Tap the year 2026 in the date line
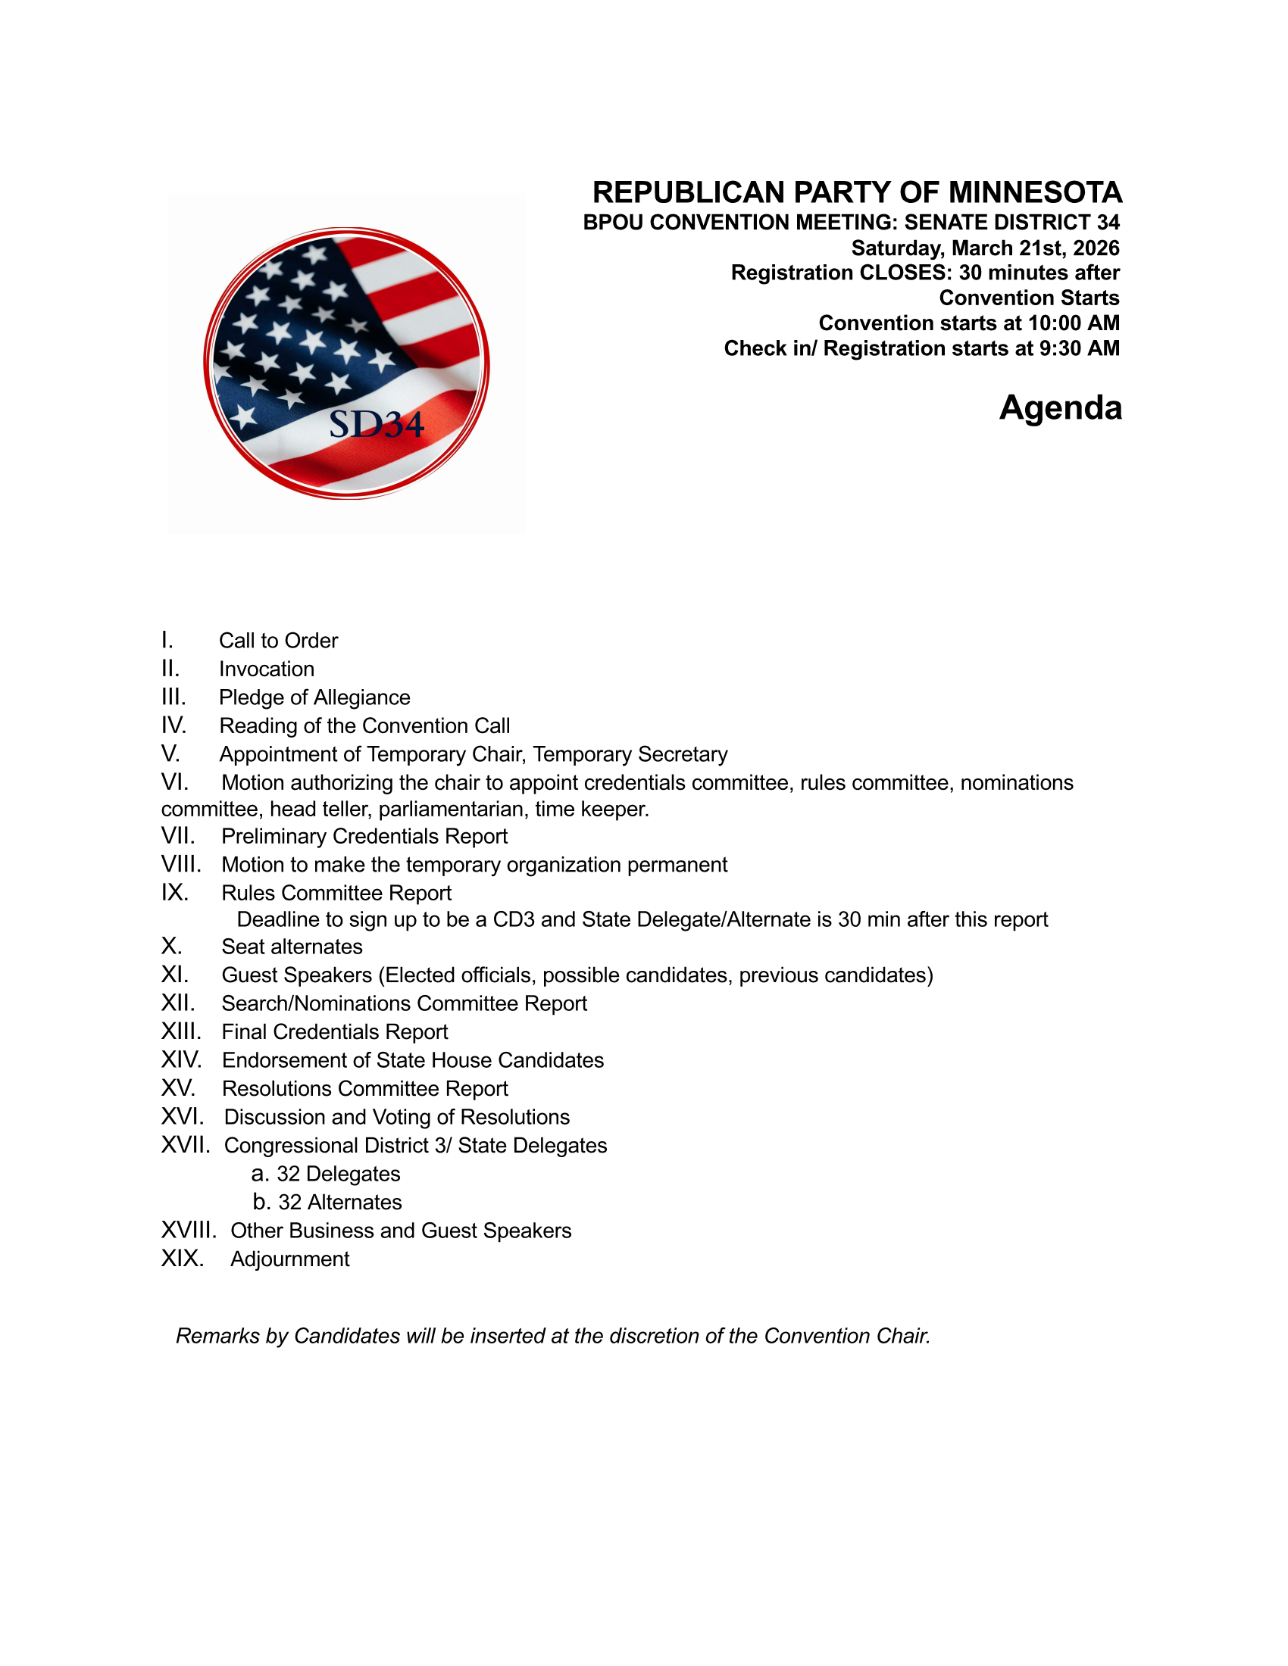[1096, 248]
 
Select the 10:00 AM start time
[1074, 323]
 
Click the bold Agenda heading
[1060, 407]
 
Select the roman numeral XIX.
[183, 1259]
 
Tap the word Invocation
[266, 669]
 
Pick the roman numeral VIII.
[181, 864]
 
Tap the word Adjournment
[290, 1259]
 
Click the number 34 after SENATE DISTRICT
[1108, 222]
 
